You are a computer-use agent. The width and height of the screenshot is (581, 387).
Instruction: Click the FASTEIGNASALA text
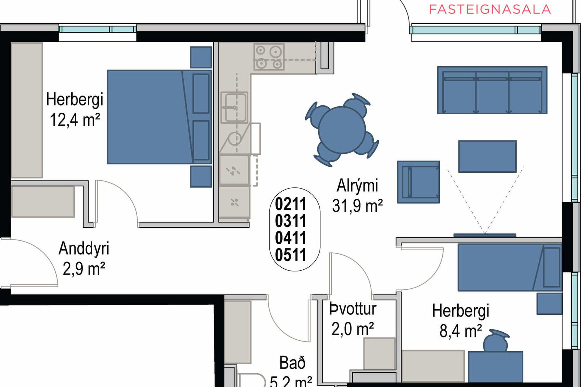[490, 9]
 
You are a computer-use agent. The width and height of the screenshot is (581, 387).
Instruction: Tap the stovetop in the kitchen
[269, 57]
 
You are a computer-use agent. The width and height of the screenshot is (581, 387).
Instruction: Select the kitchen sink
[234, 107]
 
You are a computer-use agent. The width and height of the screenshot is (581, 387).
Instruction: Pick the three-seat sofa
[492, 90]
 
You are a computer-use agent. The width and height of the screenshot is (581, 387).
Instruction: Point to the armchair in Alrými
[418, 182]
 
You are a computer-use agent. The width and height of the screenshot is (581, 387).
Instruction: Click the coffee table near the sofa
[487, 156]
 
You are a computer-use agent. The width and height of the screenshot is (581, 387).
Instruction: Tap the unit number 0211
[290, 204]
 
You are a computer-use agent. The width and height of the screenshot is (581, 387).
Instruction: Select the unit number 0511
[290, 255]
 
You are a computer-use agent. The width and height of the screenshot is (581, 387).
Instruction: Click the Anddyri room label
[84, 249]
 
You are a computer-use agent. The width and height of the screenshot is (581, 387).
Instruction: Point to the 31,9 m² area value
[357, 206]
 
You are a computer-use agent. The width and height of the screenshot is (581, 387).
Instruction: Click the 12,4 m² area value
[75, 120]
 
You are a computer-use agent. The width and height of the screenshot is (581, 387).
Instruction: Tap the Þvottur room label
[353, 309]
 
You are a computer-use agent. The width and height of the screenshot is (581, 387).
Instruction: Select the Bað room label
[292, 363]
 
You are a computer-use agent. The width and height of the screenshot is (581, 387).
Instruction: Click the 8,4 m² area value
[461, 331]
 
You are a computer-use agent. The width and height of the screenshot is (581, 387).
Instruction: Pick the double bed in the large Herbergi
[159, 117]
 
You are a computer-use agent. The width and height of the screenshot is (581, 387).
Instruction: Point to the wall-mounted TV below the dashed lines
[485, 235]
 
